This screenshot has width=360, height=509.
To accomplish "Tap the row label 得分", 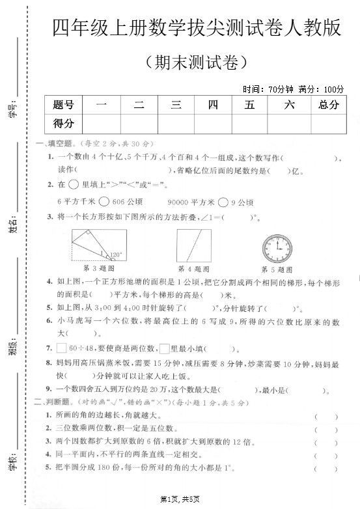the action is pyautogui.click(x=64, y=122).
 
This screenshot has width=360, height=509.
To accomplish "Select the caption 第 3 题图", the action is pyautogui.click(x=99, y=269).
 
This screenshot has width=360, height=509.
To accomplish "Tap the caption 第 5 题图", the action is pyautogui.click(x=277, y=269).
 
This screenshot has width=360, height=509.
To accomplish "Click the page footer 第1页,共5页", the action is pyautogui.click(x=183, y=499).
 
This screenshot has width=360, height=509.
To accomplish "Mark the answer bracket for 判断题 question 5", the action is pyautogui.click(x=325, y=469).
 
